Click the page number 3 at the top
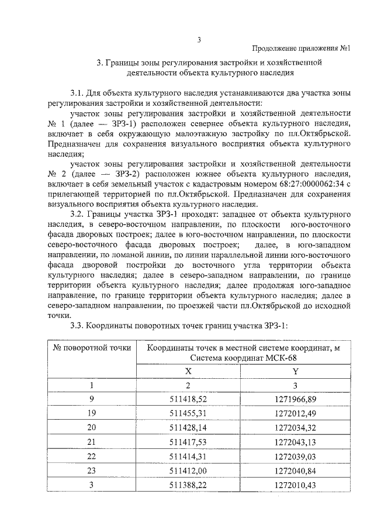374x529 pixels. click(199, 40)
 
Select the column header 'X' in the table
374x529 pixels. click(188, 370)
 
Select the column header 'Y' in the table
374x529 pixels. click(295, 370)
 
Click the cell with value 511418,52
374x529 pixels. click(188, 399)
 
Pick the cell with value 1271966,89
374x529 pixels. click(295, 399)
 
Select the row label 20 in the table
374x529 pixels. click(92, 428)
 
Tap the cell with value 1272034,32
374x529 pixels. click(295, 428)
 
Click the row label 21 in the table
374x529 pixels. click(92, 442)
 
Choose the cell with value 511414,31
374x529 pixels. click(188, 457)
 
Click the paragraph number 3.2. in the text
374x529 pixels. click(78, 215)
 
